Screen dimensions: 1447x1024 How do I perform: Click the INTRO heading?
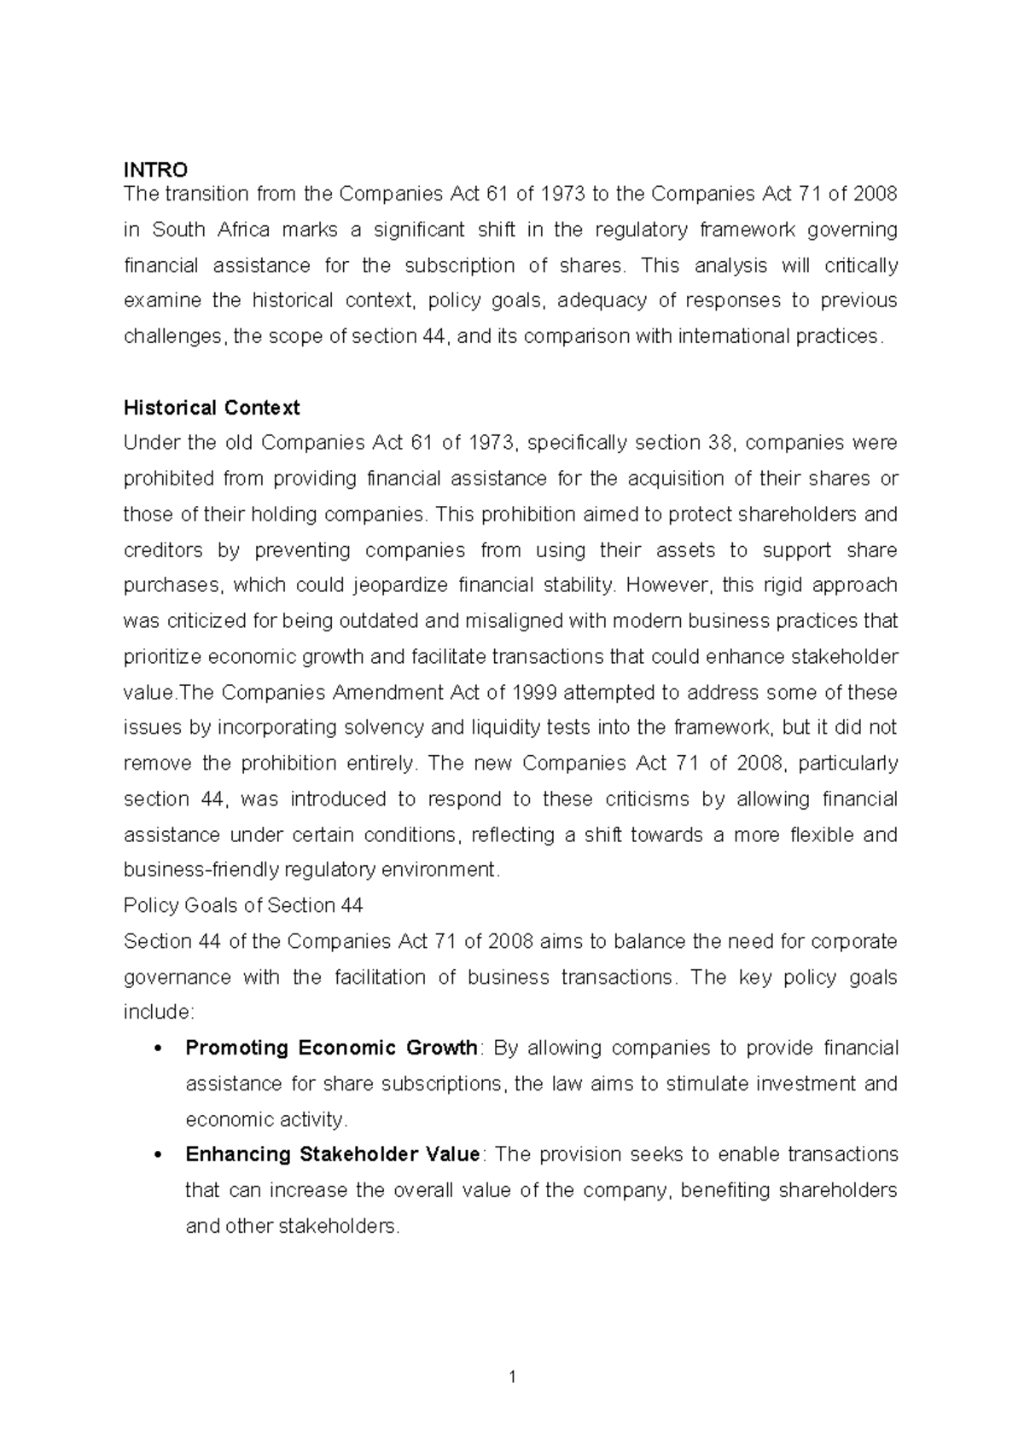[x=155, y=170]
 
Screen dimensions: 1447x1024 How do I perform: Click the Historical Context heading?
[x=212, y=408]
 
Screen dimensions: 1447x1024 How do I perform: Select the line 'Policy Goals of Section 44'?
[x=243, y=905]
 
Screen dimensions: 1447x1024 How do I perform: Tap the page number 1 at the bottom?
[x=512, y=1376]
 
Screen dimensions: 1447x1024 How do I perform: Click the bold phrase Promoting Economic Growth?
[x=331, y=1048]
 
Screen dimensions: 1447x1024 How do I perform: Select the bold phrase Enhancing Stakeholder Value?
[x=333, y=1154]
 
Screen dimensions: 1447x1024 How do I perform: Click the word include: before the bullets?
[x=160, y=1013]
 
